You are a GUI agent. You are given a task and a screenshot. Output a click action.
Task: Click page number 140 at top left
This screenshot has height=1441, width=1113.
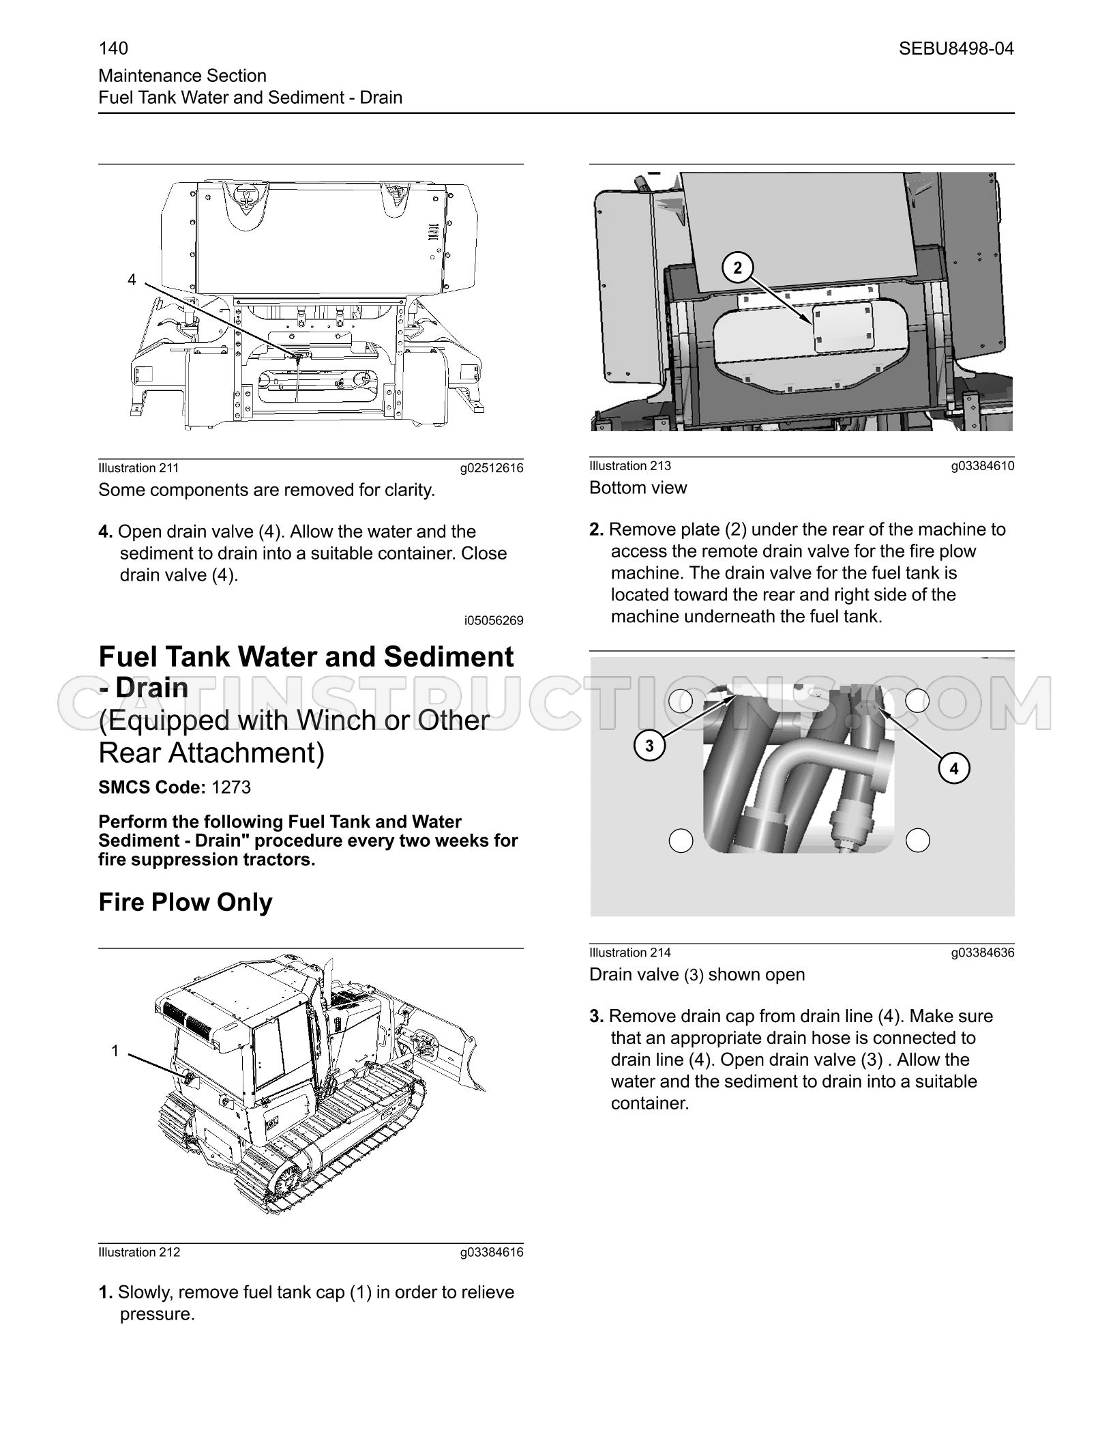pyautogui.click(x=113, y=48)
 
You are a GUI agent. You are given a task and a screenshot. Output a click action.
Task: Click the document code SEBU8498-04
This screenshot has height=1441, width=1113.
pyautogui.click(x=956, y=48)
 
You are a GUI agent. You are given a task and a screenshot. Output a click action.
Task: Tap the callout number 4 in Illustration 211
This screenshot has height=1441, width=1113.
pyautogui.click(x=132, y=280)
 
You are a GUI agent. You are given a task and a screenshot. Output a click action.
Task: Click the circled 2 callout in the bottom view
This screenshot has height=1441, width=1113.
pyautogui.click(x=737, y=268)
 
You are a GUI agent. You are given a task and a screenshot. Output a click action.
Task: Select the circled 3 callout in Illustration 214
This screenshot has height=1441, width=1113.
pyautogui.click(x=649, y=746)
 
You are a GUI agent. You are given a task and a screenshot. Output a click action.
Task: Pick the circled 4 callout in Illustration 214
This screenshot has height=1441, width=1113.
pyautogui.click(x=954, y=769)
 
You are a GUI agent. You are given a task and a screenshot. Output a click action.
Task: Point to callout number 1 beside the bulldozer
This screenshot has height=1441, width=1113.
pyautogui.click(x=115, y=1051)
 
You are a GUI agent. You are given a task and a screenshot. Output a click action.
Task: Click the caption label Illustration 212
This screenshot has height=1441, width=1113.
pyautogui.click(x=139, y=1252)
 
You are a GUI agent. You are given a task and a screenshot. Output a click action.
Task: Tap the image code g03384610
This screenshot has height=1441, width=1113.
pyautogui.click(x=983, y=466)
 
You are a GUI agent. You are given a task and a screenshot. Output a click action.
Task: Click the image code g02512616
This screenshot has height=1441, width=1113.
pyautogui.click(x=492, y=468)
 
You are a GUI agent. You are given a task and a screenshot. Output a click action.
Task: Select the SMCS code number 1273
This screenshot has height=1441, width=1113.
pyautogui.click(x=231, y=787)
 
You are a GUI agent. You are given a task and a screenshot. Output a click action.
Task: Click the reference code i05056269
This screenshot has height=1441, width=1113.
pyautogui.click(x=494, y=620)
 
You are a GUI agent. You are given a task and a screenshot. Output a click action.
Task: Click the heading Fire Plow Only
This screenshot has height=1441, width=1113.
pyautogui.click(x=185, y=902)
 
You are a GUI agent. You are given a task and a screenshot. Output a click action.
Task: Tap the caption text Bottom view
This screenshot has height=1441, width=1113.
pyautogui.click(x=638, y=488)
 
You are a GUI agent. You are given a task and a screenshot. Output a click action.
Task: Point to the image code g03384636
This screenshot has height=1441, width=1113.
pyautogui.click(x=983, y=952)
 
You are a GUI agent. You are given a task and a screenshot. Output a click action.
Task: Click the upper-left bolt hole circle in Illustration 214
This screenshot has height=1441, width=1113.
pyautogui.click(x=681, y=701)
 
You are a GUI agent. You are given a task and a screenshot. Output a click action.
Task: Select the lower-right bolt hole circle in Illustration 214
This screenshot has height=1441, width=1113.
pyautogui.click(x=917, y=840)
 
